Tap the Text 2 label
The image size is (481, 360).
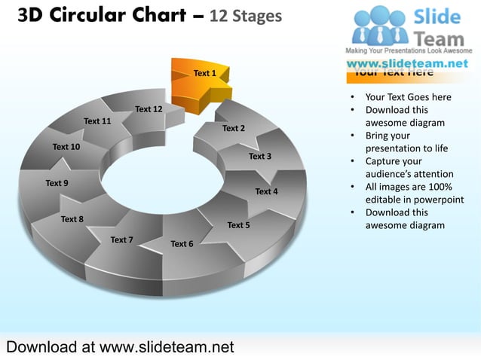coord(233,128)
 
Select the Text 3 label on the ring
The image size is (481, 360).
coord(259,157)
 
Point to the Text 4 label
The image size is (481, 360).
coord(266,191)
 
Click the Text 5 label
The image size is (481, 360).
coord(238,224)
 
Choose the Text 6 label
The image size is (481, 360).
coord(182,244)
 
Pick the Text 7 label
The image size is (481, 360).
coord(121,240)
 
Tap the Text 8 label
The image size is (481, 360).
coord(72,219)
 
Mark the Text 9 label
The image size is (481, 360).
coord(57,183)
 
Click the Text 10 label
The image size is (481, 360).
coord(66,146)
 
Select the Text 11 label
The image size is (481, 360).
coord(97,121)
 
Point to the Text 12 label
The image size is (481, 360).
coord(149,109)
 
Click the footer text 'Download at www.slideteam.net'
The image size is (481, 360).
coord(120,347)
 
